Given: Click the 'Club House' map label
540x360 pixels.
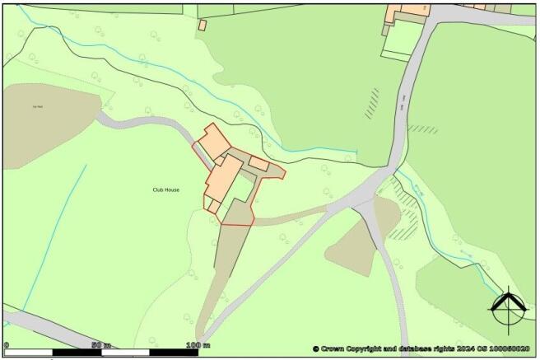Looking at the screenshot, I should tap(166, 189).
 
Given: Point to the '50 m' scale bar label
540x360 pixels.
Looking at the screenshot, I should tap(100, 344).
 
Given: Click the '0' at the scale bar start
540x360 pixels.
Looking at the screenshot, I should tap(7, 344).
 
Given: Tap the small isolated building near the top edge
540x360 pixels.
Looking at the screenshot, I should tap(202, 26).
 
